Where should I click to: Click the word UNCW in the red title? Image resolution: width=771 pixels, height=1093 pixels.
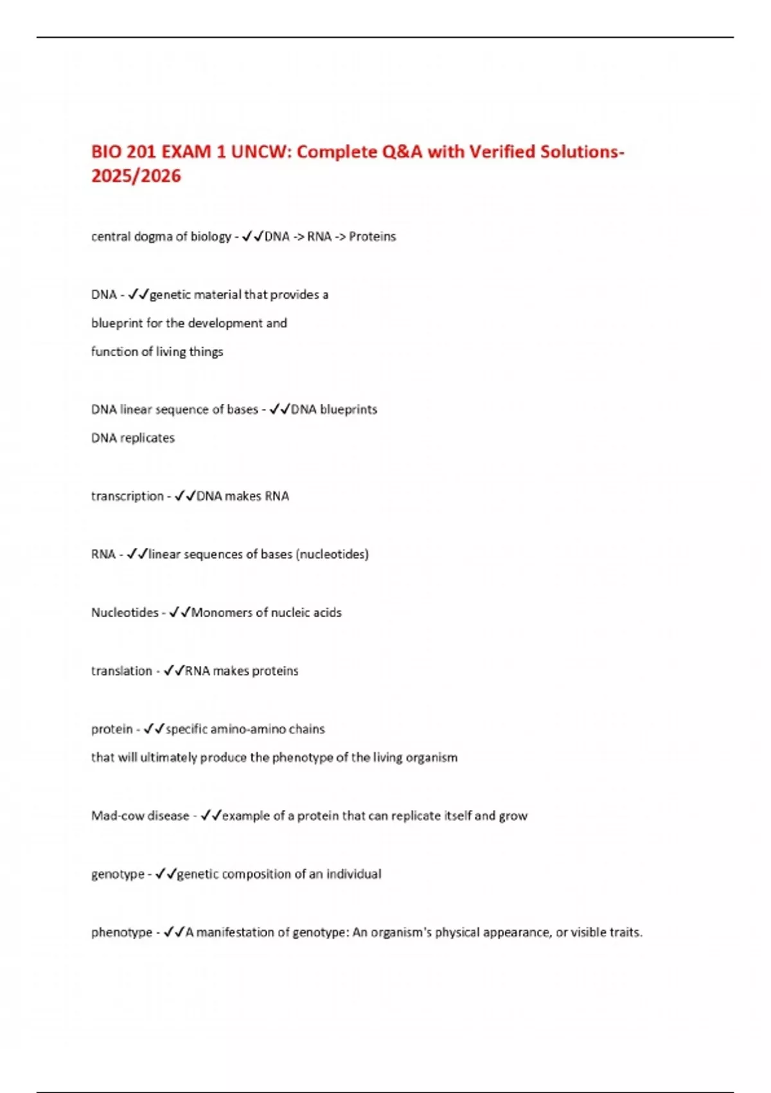point(260,152)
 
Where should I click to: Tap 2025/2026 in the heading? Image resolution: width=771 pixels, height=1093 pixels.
point(136,176)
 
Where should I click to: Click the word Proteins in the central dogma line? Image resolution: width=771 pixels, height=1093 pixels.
point(373,237)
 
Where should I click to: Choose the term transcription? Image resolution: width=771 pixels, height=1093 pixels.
point(127,496)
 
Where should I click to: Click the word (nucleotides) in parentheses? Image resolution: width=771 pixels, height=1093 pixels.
point(332,554)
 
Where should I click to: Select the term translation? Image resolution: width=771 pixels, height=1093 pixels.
point(121,671)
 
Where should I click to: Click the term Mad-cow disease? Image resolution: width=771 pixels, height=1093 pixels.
point(140,816)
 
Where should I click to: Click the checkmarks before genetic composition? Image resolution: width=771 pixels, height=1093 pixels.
point(166,874)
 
